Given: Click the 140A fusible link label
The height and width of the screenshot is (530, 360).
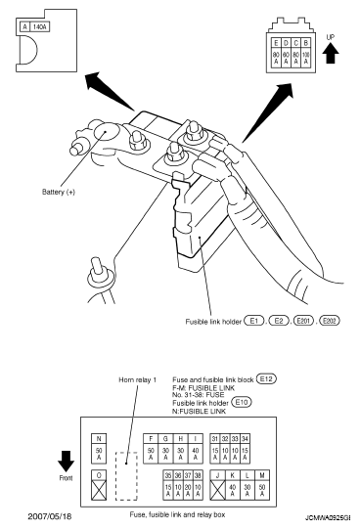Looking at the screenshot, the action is [x=40, y=26].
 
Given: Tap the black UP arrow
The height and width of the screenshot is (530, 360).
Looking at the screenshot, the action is [x=332, y=54].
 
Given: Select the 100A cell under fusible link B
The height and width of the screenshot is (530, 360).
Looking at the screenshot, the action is [x=305, y=58].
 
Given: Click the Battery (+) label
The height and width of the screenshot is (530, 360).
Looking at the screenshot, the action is [x=58, y=192].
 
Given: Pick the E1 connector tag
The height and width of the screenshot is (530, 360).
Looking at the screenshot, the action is [x=254, y=320].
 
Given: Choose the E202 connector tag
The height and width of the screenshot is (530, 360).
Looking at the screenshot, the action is [x=330, y=320].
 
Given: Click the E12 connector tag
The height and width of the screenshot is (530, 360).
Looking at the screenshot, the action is [x=266, y=378].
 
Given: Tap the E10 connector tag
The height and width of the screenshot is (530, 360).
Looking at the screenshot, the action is [x=242, y=402].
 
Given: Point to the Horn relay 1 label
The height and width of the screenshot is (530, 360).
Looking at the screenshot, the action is [x=137, y=379].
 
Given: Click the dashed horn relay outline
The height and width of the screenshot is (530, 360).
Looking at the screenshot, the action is [x=116, y=476].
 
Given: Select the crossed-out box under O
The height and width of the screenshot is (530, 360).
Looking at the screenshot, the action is [x=99, y=490].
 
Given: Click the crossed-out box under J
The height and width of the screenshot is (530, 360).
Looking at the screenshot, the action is [x=217, y=490].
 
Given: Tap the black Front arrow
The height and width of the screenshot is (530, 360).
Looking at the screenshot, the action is [x=66, y=461].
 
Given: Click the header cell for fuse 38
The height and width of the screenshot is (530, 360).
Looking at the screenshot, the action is [x=198, y=475].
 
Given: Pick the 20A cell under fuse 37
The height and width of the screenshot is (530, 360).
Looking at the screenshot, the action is [x=188, y=490].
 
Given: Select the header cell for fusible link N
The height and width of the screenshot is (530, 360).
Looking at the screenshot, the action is [x=99, y=439].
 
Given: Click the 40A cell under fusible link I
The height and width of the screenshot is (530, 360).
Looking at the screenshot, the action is [x=196, y=454].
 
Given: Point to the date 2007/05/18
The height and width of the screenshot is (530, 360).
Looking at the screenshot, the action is [x=50, y=516].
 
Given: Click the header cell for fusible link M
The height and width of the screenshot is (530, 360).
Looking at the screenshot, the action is [x=262, y=475].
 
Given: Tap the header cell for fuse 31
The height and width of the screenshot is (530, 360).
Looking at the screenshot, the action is [x=215, y=439].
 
